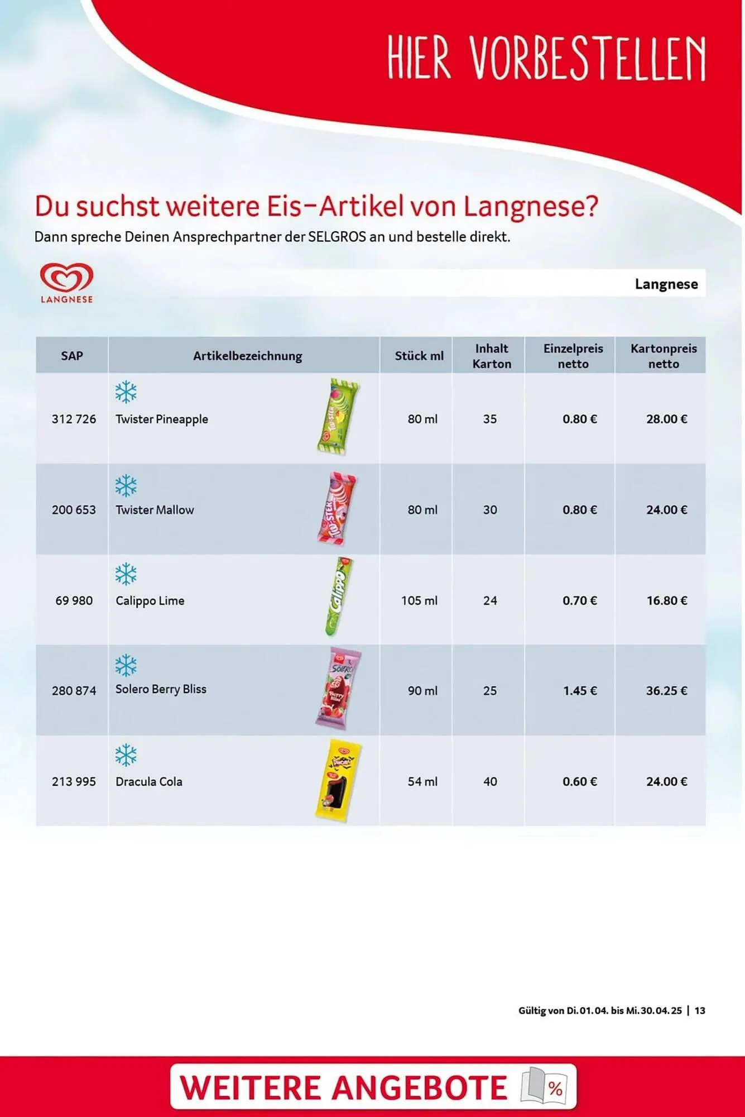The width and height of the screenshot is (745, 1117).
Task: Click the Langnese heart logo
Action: (66, 278)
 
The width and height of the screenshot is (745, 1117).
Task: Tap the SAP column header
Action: (72, 356)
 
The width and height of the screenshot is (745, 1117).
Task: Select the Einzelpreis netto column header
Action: (573, 356)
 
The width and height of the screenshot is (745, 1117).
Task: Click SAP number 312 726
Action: (74, 419)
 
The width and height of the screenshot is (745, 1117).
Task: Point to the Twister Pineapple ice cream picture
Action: (337, 417)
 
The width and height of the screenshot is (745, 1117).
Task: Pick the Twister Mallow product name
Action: (155, 510)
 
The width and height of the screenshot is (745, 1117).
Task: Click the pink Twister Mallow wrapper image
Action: (337, 508)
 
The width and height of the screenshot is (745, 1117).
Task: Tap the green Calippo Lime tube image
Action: (338, 596)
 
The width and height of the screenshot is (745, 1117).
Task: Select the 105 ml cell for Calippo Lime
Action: (419, 601)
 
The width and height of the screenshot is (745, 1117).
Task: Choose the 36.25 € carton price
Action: (666, 691)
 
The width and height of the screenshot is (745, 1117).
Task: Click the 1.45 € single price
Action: (580, 691)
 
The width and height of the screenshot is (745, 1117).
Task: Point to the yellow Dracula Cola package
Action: (338, 780)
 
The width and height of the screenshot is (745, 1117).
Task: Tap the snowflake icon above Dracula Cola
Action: (126, 755)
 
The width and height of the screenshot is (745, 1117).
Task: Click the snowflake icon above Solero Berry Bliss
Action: (126, 665)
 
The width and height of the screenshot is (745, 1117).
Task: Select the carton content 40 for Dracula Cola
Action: (490, 782)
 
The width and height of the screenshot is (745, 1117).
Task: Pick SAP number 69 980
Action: (74, 601)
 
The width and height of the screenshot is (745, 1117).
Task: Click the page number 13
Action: (700, 1010)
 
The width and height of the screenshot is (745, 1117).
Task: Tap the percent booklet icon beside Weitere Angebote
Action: (544, 1086)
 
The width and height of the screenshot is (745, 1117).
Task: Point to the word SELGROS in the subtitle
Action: (337, 237)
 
